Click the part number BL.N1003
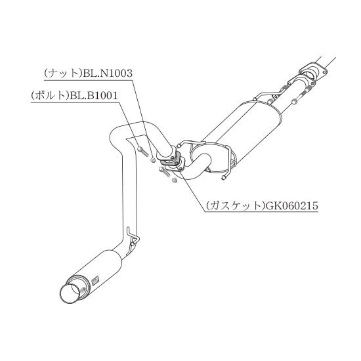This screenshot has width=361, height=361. [108, 74]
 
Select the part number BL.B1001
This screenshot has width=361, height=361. [94, 96]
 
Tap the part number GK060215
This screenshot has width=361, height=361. [291, 205]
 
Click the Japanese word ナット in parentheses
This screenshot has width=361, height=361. [63, 74]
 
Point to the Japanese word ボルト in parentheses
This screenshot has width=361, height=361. [50, 96]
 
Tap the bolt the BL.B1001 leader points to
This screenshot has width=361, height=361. [143, 152]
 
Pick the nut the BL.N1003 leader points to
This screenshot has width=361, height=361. [152, 160]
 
